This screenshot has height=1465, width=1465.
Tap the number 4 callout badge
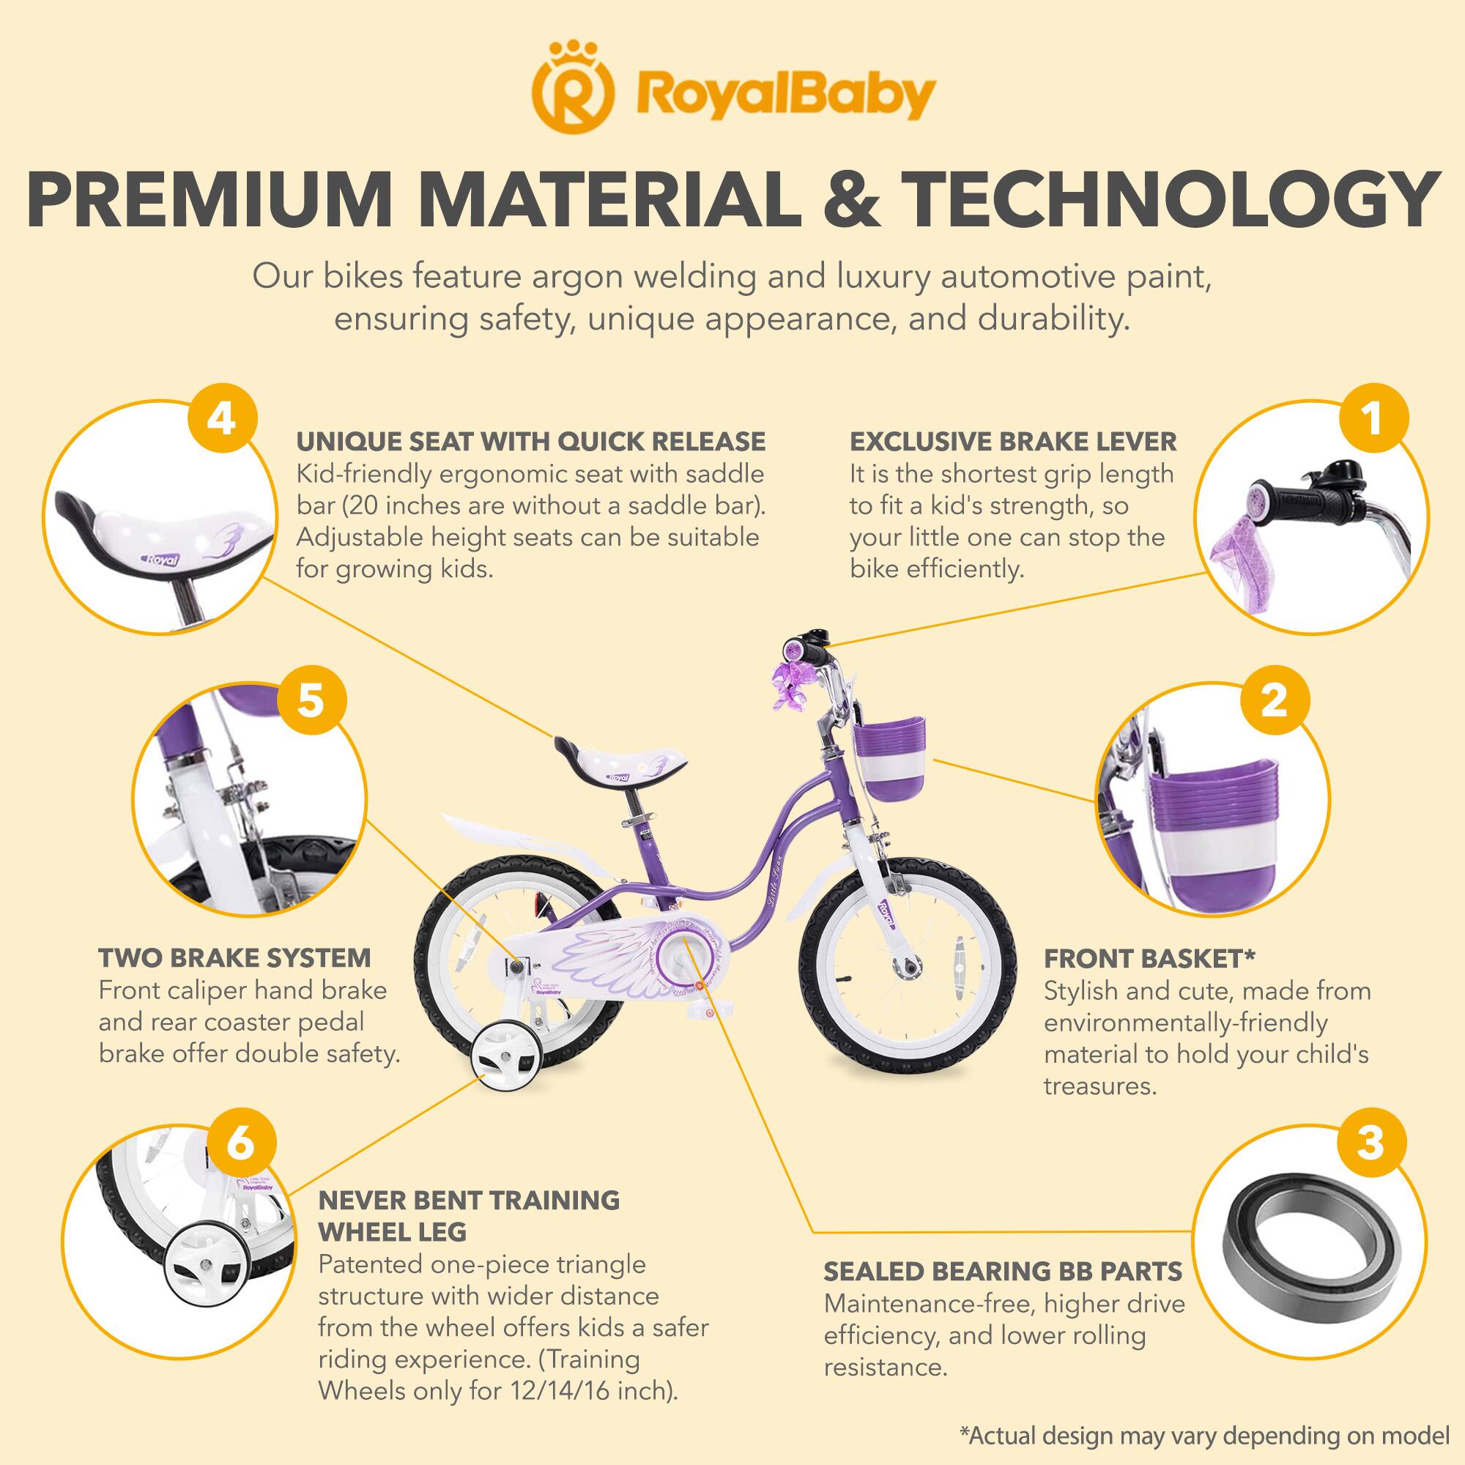click(x=220, y=419)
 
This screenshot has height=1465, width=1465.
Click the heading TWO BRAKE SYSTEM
click(x=235, y=957)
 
